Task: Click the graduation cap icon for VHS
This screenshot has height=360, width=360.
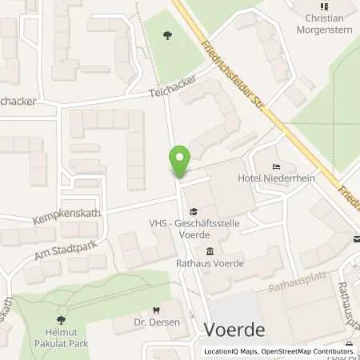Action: pos(192,210)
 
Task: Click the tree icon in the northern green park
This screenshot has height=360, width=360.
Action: pos(168,34)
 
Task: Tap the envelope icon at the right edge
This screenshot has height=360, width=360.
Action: pos(356,238)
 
